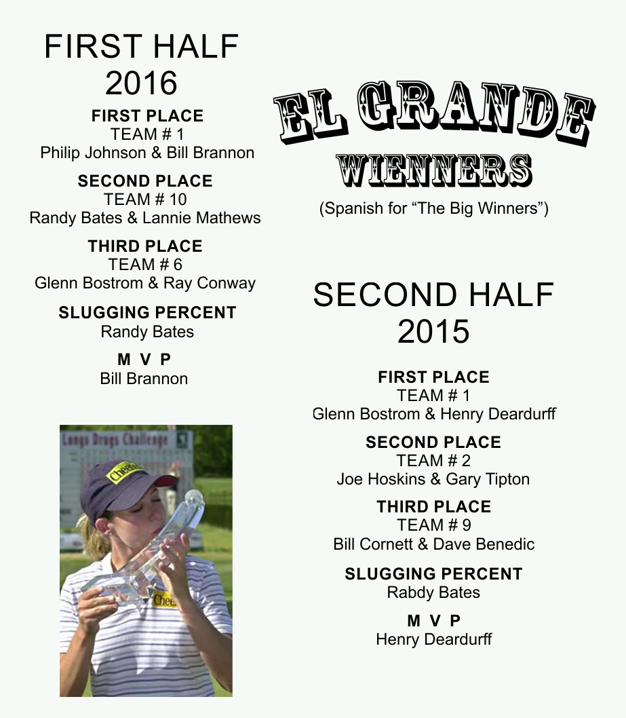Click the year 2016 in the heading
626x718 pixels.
(x=141, y=83)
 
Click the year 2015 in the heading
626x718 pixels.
(x=433, y=331)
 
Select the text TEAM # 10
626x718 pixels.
(x=145, y=200)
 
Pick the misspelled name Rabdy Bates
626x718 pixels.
(x=433, y=592)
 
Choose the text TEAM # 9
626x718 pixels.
(x=433, y=525)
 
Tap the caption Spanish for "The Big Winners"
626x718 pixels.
(x=433, y=209)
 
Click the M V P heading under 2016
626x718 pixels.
(x=144, y=360)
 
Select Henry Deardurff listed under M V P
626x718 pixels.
(x=433, y=639)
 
